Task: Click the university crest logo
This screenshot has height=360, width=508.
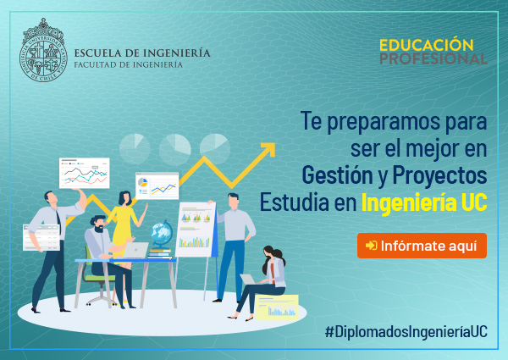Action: click(x=43, y=50)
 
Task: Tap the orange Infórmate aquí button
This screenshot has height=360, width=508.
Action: click(x=422, y=246)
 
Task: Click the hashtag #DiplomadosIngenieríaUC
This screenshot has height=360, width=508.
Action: click(x=406, y=331)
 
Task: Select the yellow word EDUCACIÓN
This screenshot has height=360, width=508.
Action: click(x=427, y=45)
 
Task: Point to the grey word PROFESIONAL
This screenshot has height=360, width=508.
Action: click(x=433, y=58)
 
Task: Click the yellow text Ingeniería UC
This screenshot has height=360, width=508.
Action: click(x=424, y=202)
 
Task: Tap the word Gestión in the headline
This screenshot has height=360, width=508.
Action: click(x=338, y=175)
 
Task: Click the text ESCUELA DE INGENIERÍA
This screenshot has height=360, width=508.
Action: click(x=142, y=53)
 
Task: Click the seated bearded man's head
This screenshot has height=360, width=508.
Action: click(x=98, y=224)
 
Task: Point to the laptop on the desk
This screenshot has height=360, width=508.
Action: click(x=135, y=250)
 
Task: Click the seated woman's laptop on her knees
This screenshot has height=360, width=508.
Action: click(x=248, y=280)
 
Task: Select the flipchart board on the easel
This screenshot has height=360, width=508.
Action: click(x=196, y=230)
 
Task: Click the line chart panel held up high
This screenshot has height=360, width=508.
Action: click(x=84, y=173)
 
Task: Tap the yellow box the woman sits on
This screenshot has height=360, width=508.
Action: click(x=277, y=307)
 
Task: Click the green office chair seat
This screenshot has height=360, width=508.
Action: click(x=99, y=278)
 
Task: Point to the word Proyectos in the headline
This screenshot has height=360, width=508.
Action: click(x=439, y=175)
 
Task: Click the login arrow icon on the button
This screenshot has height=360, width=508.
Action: click(x=372, y=246)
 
